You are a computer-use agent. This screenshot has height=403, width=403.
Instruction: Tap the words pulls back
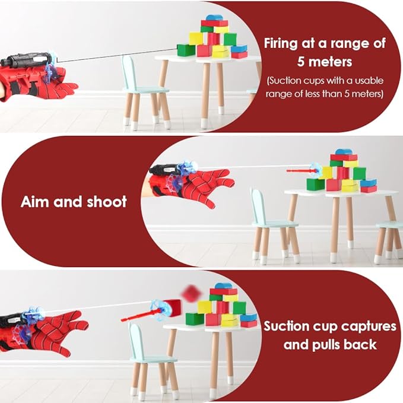click(330, 344)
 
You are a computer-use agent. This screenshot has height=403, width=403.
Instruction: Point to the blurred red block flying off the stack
click(191, 291)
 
